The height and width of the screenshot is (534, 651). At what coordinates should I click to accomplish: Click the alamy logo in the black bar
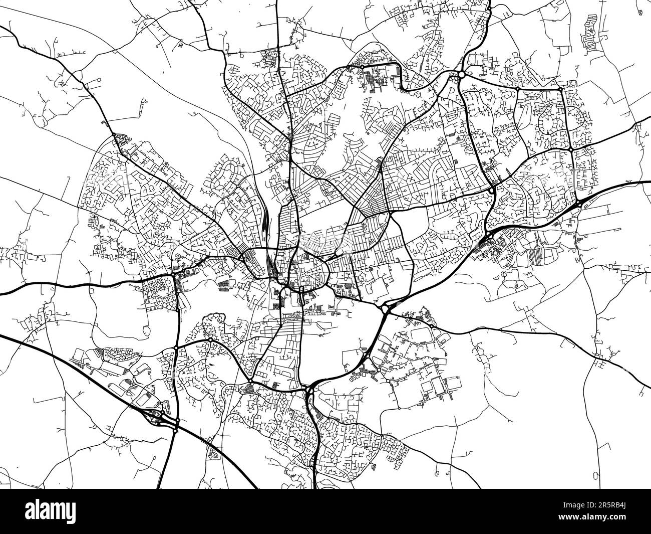pos(50,511)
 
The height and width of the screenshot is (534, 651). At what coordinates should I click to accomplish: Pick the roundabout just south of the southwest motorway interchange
pos(175,430)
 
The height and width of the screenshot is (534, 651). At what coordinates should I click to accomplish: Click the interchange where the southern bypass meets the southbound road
pos(309,390)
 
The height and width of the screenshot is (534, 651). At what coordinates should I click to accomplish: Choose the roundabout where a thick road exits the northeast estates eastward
pos(570,149)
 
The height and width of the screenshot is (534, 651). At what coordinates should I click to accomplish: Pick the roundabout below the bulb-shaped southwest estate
pos(211,339)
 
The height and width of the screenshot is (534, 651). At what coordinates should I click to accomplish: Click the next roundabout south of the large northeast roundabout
pos(493,190)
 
